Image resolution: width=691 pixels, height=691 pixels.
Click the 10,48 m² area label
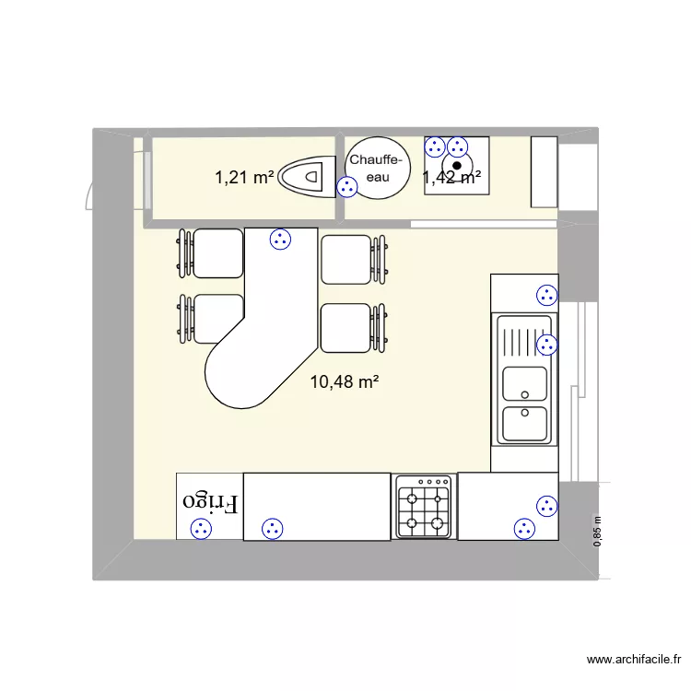point(346,382)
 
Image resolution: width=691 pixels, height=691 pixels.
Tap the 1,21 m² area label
point(244,178)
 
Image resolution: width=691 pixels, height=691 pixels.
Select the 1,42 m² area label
point(450,178)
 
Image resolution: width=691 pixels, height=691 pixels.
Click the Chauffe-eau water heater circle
point(376,169)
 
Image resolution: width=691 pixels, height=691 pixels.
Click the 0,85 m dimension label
point(597,532)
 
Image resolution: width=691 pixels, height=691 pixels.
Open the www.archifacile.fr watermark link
point(633,660)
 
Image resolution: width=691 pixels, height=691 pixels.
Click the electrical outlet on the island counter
point(279,240)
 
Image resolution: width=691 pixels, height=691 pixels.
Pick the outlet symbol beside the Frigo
point(200,529)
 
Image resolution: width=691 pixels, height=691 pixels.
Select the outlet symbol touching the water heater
point(347,188)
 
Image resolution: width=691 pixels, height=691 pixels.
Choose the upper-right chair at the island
point(346,259)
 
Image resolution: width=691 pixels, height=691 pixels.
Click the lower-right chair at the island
point(346,327)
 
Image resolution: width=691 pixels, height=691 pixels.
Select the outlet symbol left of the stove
point(272,529)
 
